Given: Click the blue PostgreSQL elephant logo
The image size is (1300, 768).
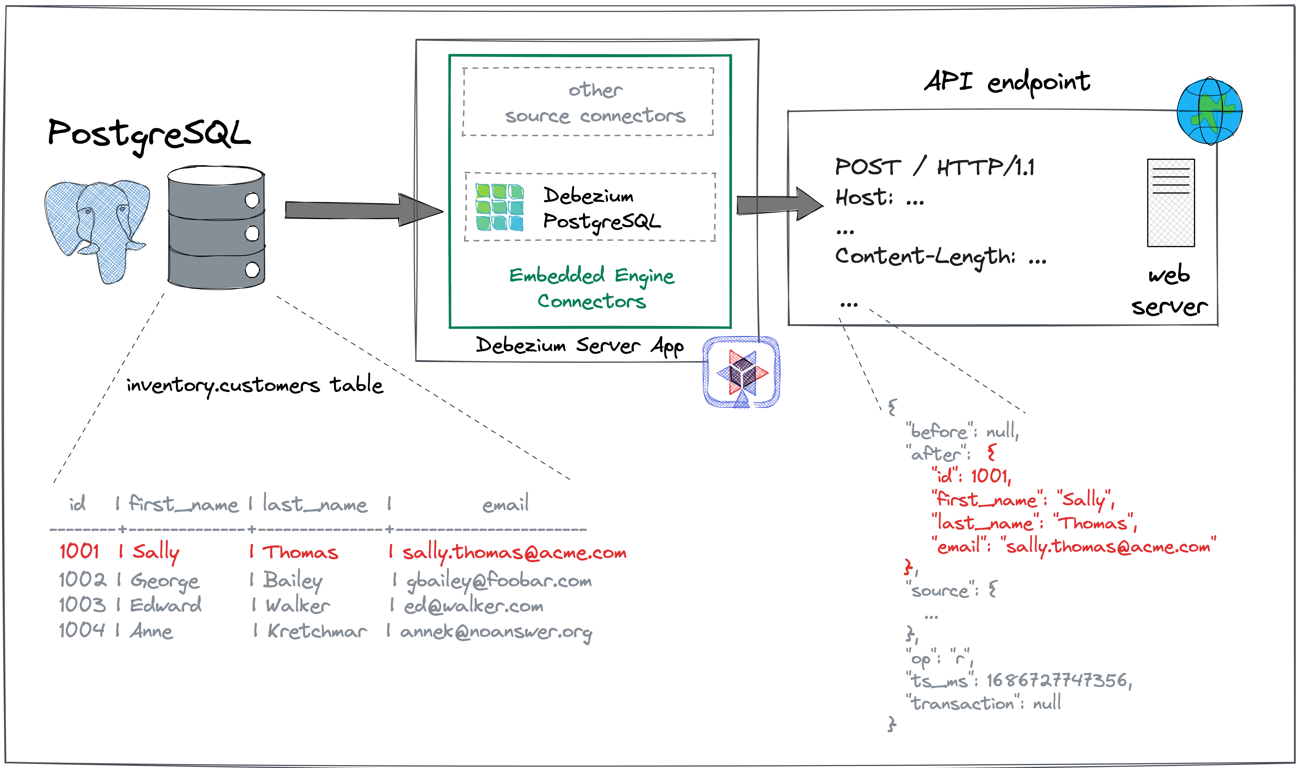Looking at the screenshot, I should point(97,228).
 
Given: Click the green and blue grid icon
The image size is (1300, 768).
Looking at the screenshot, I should point(500,207).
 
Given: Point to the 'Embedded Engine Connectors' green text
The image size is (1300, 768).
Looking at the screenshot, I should point(592,288).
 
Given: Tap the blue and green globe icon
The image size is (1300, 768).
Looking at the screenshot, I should point(1209,111).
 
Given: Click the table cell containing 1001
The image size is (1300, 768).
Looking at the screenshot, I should point(79,551).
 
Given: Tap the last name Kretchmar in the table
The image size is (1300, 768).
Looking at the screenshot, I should point(317,631).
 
